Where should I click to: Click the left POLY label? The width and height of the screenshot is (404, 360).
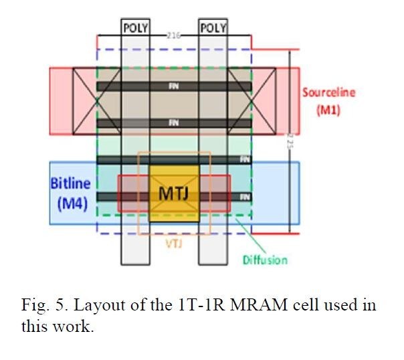click(x=135, y=28)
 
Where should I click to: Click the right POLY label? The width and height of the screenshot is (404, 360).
click(x=213, y=28)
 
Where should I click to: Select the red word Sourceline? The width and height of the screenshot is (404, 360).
click(x=328, y=92)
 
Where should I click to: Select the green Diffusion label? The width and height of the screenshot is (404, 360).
click(x=265, y=260)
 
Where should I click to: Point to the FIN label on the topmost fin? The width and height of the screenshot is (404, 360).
click(x=173, y=86)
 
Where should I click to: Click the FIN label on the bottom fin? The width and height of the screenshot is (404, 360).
click(x=245, y=197)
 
